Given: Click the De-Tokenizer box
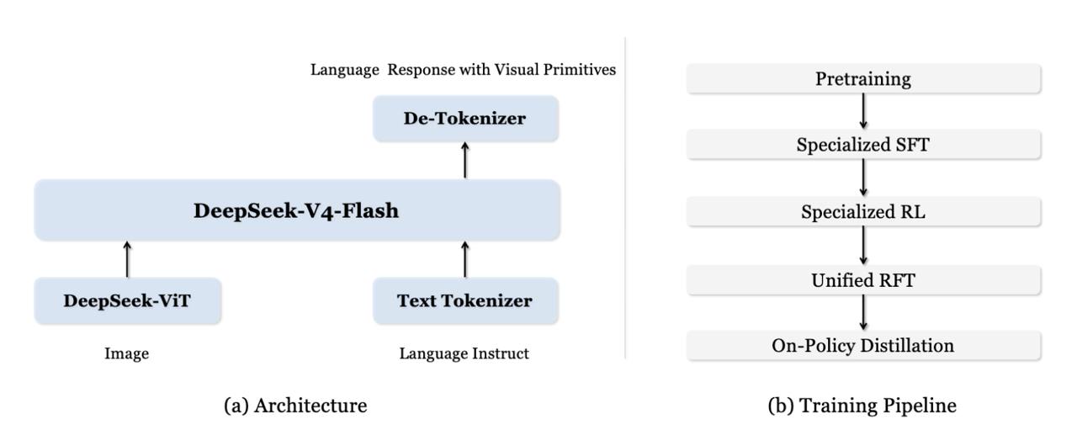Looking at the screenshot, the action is [x=465, y=118].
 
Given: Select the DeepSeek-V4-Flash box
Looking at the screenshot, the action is [x=297, y=210].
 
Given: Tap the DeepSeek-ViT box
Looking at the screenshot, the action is [x=127, y=300].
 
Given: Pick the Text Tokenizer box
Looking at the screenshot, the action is [x=465, y=300].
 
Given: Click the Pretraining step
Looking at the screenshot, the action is [x=863, y=78].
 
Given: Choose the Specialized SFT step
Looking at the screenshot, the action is [x=863, y=144].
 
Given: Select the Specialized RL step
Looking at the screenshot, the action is [x=863, y=211].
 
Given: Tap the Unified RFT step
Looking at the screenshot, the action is [x=863, y=279].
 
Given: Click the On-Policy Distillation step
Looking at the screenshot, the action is [x=863, y=345].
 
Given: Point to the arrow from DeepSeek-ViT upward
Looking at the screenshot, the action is [x=127, y=259].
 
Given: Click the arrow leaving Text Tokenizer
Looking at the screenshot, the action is [x=465, y=259].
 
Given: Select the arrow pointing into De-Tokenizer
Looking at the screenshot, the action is [x=465, y=160].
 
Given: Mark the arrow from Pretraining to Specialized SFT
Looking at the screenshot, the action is [x=863, y=111].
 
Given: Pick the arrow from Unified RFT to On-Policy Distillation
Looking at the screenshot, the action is [x=863, y=312].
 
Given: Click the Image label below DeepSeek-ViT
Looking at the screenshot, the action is [x=127, y=353].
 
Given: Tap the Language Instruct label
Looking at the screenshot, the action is [x=464, y=353].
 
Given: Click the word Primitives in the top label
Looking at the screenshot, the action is [x=580, y=70].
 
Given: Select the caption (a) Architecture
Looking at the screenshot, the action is [x=295, y=405].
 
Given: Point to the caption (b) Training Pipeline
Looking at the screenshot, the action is [x=862, y=405].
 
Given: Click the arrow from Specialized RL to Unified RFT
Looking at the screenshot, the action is [x=863, y=246].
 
